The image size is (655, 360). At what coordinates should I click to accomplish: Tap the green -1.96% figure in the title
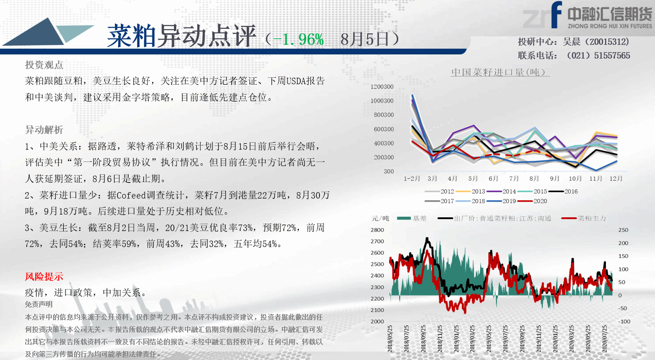[298, 39]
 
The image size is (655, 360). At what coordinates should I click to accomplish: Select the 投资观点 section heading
[44, 65]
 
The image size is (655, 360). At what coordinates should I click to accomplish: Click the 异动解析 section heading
[44, 130]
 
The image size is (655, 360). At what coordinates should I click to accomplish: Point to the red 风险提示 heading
[44, 276]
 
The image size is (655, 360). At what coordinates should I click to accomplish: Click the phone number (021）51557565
[598, 55]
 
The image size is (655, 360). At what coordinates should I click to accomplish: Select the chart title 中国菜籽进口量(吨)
[500, 72]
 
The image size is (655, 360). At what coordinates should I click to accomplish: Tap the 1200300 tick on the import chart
[382, 86]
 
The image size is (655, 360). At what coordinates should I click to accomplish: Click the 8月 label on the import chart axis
[534, 178]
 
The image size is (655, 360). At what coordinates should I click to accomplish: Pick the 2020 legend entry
[532, 201]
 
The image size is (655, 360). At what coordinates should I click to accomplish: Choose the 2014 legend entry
[501, 191]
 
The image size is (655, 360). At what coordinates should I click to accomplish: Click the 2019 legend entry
[501, 201]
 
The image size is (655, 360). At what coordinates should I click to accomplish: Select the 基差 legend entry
[411, 218]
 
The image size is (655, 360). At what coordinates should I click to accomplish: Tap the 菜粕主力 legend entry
[584, 218]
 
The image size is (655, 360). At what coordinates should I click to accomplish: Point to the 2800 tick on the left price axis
[377, 230]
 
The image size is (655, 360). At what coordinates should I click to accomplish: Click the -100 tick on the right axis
[624, 322]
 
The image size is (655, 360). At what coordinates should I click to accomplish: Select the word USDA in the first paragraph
[296, 81]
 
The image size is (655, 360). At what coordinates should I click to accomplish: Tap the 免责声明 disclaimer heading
[38, 305]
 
